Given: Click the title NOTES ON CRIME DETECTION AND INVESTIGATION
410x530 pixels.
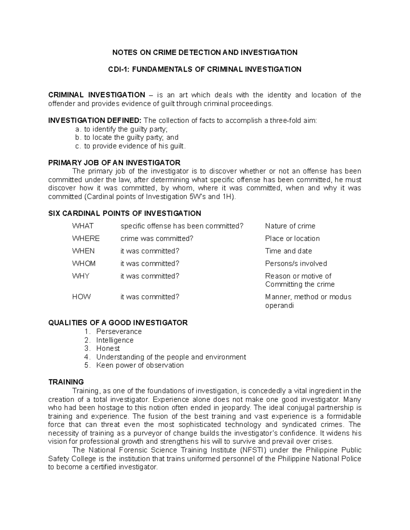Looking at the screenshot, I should [x=205, y=52].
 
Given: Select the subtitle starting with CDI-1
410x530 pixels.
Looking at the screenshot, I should [x=205, y=69].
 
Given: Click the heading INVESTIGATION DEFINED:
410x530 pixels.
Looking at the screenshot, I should [x=95, y=120].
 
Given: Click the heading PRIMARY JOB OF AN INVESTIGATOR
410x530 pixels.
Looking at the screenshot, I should [x=114, y=162].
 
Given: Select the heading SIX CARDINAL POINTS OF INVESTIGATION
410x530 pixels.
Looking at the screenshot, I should [x=124, y=213].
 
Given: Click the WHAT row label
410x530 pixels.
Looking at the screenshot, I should [x=83, y=226].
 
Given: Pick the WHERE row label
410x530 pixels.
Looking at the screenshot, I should [x=86, y=238].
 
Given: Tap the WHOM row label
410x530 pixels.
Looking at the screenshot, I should [x=84, y=263].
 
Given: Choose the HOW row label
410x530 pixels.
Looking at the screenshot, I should [x=81, y=297].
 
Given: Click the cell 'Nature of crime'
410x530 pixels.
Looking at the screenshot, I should [x=290, y=226].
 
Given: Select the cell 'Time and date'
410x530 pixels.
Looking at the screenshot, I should [x=288, y=251].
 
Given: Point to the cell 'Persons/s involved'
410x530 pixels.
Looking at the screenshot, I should [x=296, y=263].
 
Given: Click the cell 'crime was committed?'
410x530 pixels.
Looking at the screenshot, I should [x=157, y=238].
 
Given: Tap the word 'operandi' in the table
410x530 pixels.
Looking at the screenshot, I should [x=279, y=305].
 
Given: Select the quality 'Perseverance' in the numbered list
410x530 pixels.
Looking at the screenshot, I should [x=119, y=331].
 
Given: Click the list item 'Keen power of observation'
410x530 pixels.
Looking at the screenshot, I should [x=140, y=365].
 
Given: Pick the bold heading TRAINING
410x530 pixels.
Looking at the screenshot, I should [x=66, y=382].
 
